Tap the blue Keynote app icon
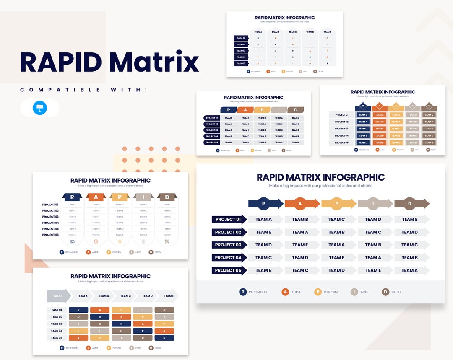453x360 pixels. [x=40, y=108]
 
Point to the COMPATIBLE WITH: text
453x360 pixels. [x=83, y=90]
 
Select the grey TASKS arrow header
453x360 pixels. [x=58, y=296]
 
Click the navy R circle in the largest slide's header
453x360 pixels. [x=263, y=204]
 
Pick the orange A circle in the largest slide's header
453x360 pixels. [x=300, y=204]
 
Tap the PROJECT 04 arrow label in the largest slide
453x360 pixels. [x=229, y=258]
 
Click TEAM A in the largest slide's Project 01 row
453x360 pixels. [x=264, y=219]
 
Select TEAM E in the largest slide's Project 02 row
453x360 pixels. [x=264, y=232]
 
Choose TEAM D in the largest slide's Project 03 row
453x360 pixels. [x=264, y=245]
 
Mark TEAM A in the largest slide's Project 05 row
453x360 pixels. [x=410, y=270]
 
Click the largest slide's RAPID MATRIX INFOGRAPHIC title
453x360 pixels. [x=320, y=177]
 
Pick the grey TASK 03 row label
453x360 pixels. [x=57, y=324]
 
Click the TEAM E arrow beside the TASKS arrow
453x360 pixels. [x=169, y=296]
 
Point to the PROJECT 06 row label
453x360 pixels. [x=50, y=235]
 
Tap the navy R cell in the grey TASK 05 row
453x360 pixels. [x=164, y=338]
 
